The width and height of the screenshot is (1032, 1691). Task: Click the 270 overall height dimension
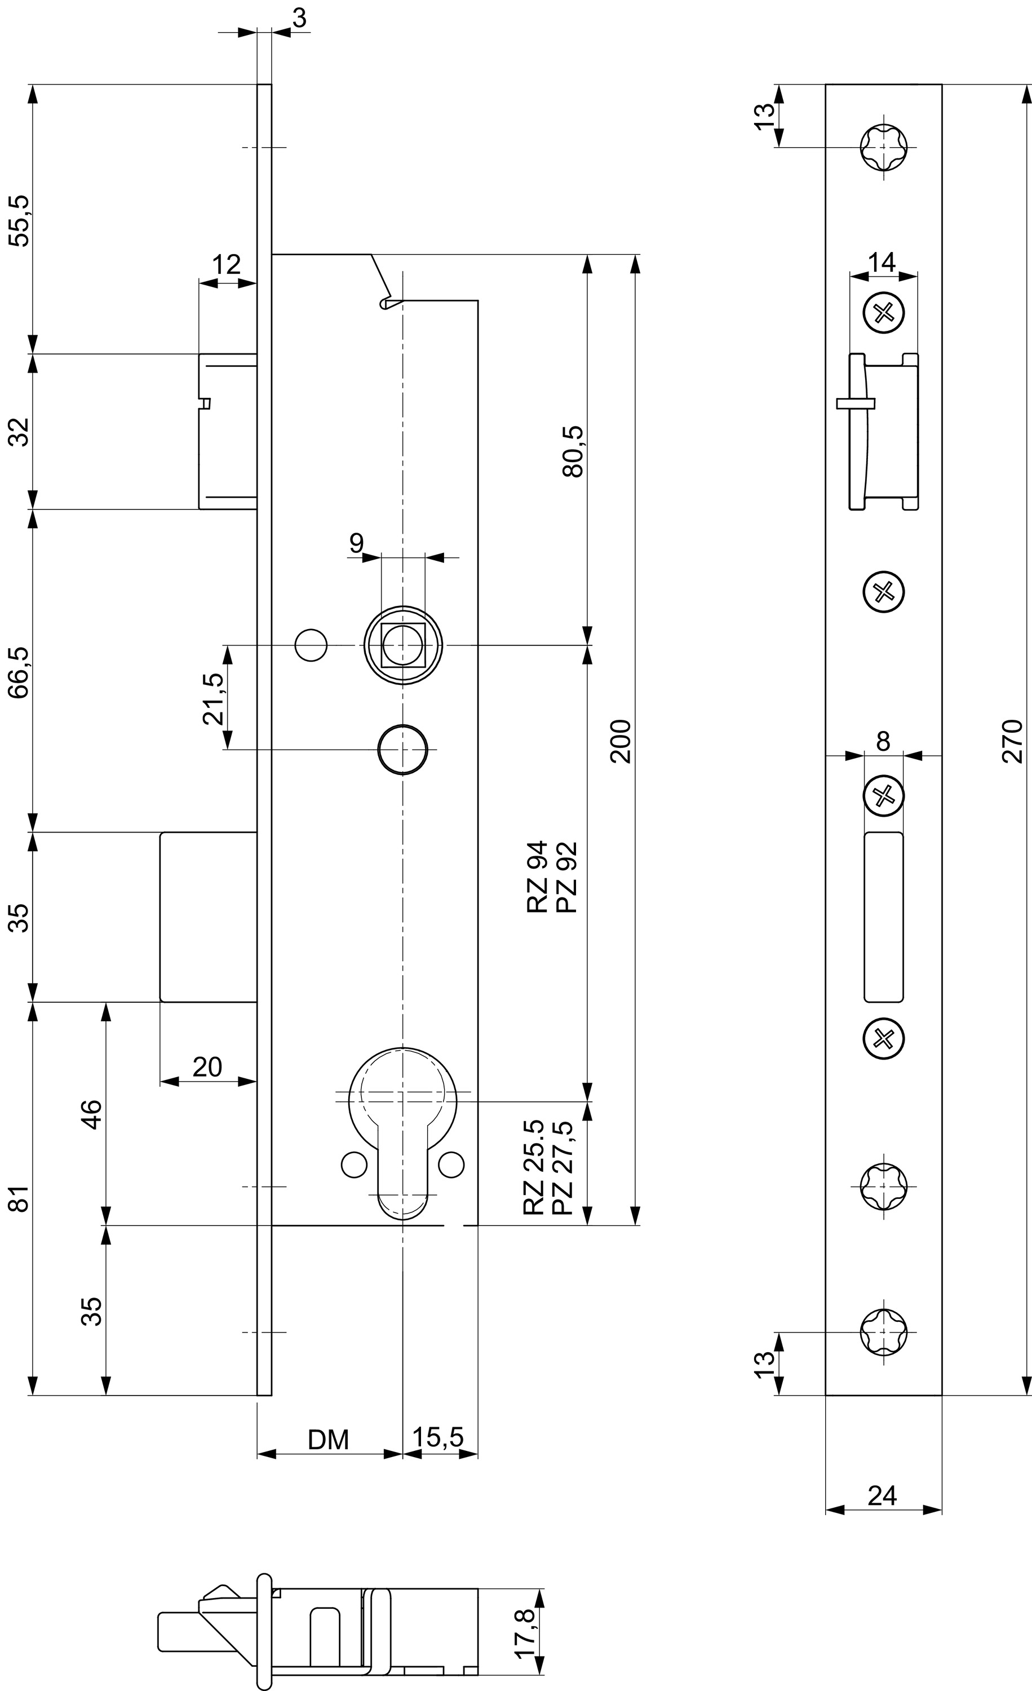[x=1013, y=741]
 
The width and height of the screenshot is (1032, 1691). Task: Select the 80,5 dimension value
[x=572, y=451]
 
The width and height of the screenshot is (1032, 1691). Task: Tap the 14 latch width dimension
[x=883, y=262]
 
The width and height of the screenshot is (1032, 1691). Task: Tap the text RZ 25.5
[x=533, y=1167]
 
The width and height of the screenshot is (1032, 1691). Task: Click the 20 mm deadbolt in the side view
[x=209, y=917]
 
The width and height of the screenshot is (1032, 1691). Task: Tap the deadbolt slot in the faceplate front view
[x=884, y=917]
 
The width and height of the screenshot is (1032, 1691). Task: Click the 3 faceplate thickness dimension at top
[x=299, y=19]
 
